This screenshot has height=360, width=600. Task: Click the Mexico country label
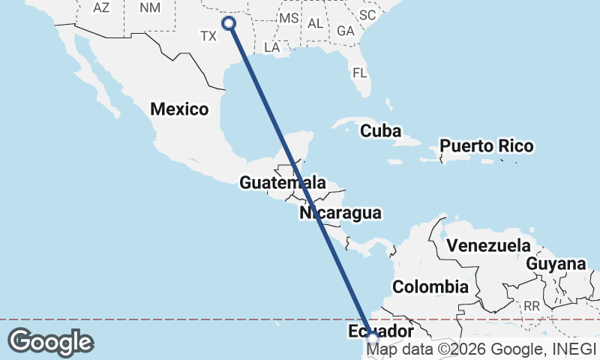coord(179,109)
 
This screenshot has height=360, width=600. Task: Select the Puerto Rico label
coord(487,145)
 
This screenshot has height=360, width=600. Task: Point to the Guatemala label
coord(283,182)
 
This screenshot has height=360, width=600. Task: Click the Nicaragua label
coord(340,213)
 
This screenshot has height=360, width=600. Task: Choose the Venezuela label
coord(487,245)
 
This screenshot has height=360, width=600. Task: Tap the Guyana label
coord(556,264)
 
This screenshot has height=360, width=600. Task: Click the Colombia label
coord(430,286)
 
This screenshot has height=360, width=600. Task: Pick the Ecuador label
coord(382,331)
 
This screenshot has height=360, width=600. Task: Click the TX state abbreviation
coord(208,35)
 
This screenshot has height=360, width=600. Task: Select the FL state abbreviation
coord(361,73)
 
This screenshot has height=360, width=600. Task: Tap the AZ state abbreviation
coord(101,7)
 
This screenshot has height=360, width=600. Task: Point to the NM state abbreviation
coord(150,7)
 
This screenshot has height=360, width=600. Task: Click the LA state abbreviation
coord(272,47)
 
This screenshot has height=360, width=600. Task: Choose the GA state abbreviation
coord(346,31)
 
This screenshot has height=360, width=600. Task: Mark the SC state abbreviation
coord(367,14)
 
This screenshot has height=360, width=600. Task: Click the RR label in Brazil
coord(532,306)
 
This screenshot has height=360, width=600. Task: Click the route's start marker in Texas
coord(229,23)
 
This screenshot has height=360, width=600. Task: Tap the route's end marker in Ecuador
coord(373,340)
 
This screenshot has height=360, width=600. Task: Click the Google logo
coord(50,341)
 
